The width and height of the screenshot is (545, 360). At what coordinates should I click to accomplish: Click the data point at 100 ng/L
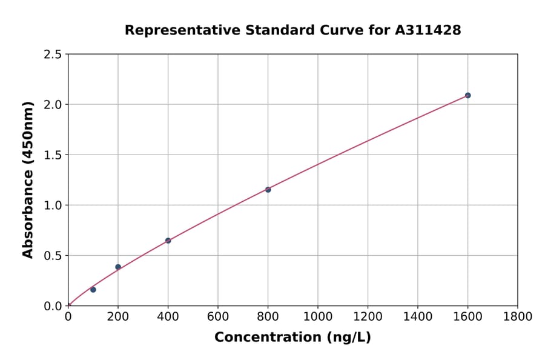pyautogui.click(x=93, y=290)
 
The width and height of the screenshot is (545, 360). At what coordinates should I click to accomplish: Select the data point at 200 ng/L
pyautogui.click(x=118, y=267)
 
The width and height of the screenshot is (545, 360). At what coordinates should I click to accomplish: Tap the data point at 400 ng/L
pyautogui.click(x=168, y=241)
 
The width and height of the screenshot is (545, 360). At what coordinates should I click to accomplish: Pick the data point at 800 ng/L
pyautogui.click(x=268, y=190)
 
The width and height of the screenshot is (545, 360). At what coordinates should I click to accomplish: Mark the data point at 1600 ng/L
pyautogui.click(x=467, y=95)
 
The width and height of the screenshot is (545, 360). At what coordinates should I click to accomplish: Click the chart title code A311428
pyautogui.click(x=428, y=30)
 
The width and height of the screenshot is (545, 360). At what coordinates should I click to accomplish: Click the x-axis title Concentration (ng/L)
pyautogui.click(x=292, y=337)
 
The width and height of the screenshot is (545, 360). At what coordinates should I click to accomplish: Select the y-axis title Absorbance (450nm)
pyautogui.click(x=28, y=180)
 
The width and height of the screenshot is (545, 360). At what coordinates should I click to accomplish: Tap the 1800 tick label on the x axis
pyautogui.click(x=518, y=317)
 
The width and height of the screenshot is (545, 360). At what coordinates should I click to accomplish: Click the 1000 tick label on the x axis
pyautogui.click(x=318, y=317)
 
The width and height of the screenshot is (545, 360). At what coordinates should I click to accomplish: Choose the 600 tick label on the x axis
pyautogui.click(x=218, y=317)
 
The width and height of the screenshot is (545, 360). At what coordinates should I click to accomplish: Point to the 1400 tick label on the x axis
pyautogui.click(x=418, y=317)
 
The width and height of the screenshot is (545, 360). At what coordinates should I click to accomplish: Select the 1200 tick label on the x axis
pyautogui.click(x=368, y=317)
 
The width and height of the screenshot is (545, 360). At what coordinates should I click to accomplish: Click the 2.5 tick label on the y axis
pyautogui.click(x=53, y=55)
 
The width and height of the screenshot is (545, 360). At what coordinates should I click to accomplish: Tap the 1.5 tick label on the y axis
pyautogui.click(x=53, y=155)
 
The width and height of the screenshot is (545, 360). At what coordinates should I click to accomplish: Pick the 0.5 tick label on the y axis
pyautogui.click(x=53, y=256)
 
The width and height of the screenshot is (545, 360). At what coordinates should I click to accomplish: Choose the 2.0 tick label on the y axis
pyautogui.click(x=53, y=105)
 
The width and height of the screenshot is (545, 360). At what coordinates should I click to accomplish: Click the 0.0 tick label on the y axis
pyautogui.click(x=53, y=306)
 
